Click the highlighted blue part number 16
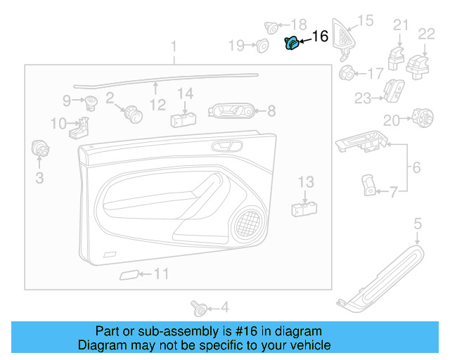click(290, 44)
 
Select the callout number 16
click(319, 37)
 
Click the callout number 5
click(417, 224)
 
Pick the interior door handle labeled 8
click(231, 110)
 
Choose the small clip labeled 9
click(91, 103)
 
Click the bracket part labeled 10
click(82, 127)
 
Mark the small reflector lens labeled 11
click(129, 274)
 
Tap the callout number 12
click(157, 105)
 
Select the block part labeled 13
click(304, 207)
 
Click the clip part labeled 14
click(183, 115)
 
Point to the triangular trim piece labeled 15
click(345, 34)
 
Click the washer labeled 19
click(262, 46)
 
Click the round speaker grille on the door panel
click(247, 222)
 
